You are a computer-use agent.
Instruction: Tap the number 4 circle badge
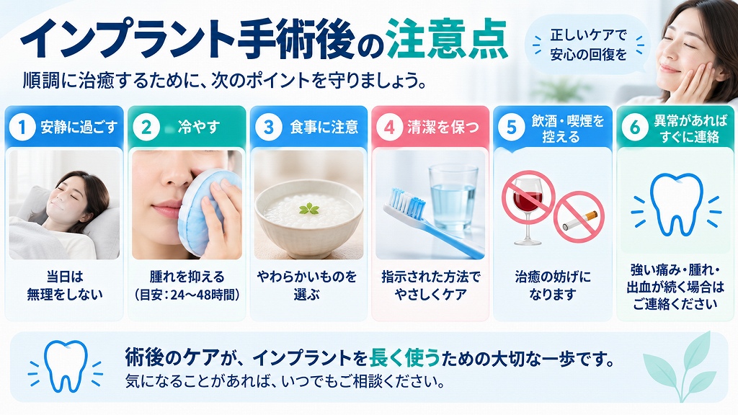point(389,127)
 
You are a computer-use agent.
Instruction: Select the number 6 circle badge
point(635,127)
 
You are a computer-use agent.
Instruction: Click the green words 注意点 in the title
point(446,40)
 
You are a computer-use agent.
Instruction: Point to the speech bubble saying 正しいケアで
point(588,45)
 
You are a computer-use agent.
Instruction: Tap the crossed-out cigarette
point(579,217)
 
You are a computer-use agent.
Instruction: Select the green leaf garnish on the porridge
point(308,208)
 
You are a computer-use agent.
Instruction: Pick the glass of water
point(453,198)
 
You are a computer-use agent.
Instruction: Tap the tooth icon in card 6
point(676,204)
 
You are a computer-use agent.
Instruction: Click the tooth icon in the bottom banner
point(66,366)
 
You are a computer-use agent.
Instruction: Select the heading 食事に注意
point(324,127)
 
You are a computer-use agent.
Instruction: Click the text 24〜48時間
point(203,295)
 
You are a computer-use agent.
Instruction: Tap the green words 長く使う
point(405,358)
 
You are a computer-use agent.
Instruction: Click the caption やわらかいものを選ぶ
point(307,285)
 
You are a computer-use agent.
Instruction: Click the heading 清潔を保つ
point(443,127)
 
